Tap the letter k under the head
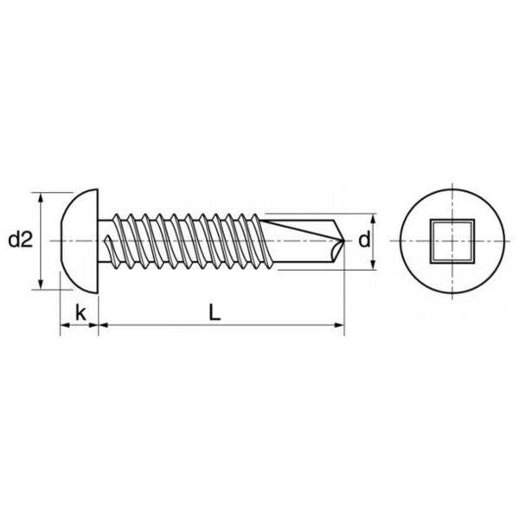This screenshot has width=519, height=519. click(80, 312)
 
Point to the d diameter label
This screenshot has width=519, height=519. click(364, 240)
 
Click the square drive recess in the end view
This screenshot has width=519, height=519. click(452, 240)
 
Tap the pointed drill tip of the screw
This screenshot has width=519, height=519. click(343, 240)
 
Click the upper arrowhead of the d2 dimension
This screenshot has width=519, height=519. click(42, 196)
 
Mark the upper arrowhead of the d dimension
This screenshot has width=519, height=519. click(375, 216)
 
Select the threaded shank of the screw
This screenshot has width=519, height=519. click(186, 240)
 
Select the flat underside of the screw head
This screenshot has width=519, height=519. click(97, 240)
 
